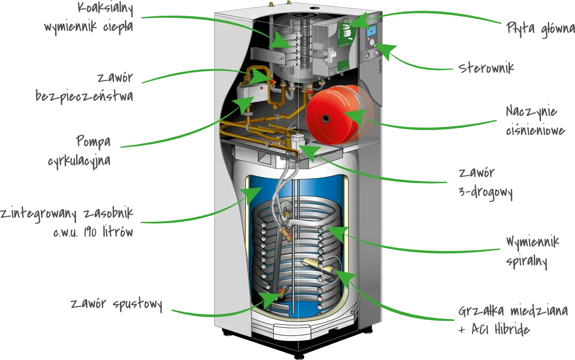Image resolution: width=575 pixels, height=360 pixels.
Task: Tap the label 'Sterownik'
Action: [486, 68]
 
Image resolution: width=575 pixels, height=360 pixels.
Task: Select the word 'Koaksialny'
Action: [105, 9]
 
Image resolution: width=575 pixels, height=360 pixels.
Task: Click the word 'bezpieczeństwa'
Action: [84, 96]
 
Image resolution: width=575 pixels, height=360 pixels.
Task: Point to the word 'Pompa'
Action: [93, 141]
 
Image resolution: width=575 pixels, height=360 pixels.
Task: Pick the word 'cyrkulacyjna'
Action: [80, 161]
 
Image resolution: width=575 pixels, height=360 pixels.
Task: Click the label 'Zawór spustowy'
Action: [116, 304]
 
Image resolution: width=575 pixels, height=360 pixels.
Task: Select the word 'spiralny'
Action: [526, 262]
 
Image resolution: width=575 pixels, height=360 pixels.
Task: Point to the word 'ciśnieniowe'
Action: [535, 131]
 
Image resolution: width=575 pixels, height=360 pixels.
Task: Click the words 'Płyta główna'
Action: [540, 29]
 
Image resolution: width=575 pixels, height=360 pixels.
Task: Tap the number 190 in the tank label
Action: [90, 233]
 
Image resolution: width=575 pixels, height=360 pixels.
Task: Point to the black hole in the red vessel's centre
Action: [326, 119]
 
